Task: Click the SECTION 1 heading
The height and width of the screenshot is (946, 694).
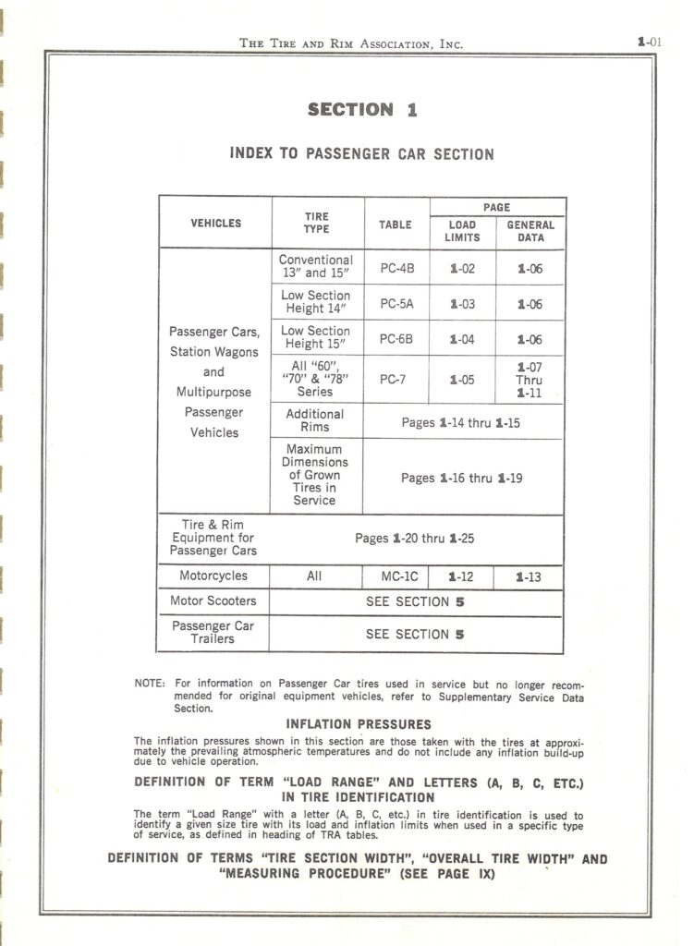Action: [362, 110]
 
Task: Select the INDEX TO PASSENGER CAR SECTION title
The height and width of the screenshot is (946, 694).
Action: [361, 154]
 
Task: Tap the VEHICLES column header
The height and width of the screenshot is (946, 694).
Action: [215, 224]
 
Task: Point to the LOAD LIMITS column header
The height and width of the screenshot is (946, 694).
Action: [462, 231]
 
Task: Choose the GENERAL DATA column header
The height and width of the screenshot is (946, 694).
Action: [530, 231]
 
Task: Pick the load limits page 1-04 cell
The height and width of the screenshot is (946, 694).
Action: [462, 339]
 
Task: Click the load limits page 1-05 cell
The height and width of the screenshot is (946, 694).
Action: [462, 379]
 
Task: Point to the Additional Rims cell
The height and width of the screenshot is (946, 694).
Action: [315, 421]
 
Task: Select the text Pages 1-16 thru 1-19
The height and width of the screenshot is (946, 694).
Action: [462, 478]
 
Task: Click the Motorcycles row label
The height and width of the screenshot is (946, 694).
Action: [213, 576]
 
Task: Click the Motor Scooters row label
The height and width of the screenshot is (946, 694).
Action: [213, 601]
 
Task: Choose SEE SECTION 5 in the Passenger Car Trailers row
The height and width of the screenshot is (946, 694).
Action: [415, 635]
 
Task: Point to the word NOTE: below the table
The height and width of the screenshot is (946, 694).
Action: [150, 685]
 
